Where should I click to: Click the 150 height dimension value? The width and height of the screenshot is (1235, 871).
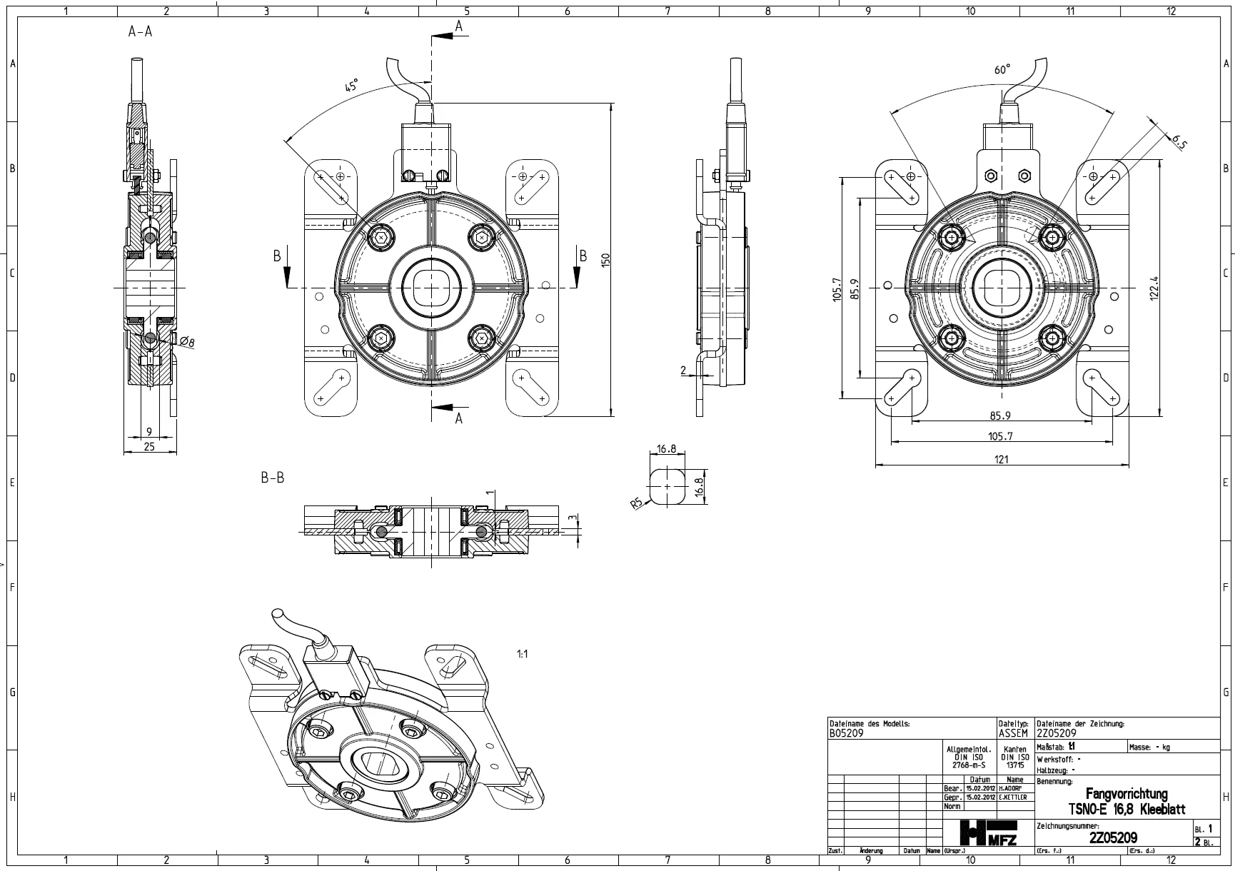coord(606,260)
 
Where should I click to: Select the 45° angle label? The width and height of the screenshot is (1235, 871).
coord(351,86)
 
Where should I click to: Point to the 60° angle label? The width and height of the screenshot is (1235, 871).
coord(1002,70)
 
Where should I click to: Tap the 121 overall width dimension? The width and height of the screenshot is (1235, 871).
coord(1002,459)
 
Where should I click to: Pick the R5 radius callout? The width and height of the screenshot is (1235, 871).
coord(637,504)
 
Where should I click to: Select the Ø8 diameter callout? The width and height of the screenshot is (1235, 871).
coord(187,342)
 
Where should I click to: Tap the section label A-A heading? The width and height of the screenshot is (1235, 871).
coord(140,31)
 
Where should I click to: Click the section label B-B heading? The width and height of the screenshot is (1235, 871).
coord(272,478)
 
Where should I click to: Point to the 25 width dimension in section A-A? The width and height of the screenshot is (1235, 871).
coord(148,446)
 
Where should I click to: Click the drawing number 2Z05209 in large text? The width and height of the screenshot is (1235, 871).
coord(1113,837)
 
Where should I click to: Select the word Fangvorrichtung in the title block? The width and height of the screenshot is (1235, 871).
coord(1126,794)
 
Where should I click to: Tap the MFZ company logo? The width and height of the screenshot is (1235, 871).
coord(989,832)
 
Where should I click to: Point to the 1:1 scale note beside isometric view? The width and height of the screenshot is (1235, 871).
coord(522,654)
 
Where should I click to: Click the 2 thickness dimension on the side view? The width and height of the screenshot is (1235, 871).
coord(682,370)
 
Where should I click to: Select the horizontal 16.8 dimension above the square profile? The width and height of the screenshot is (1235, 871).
coord(666,449)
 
